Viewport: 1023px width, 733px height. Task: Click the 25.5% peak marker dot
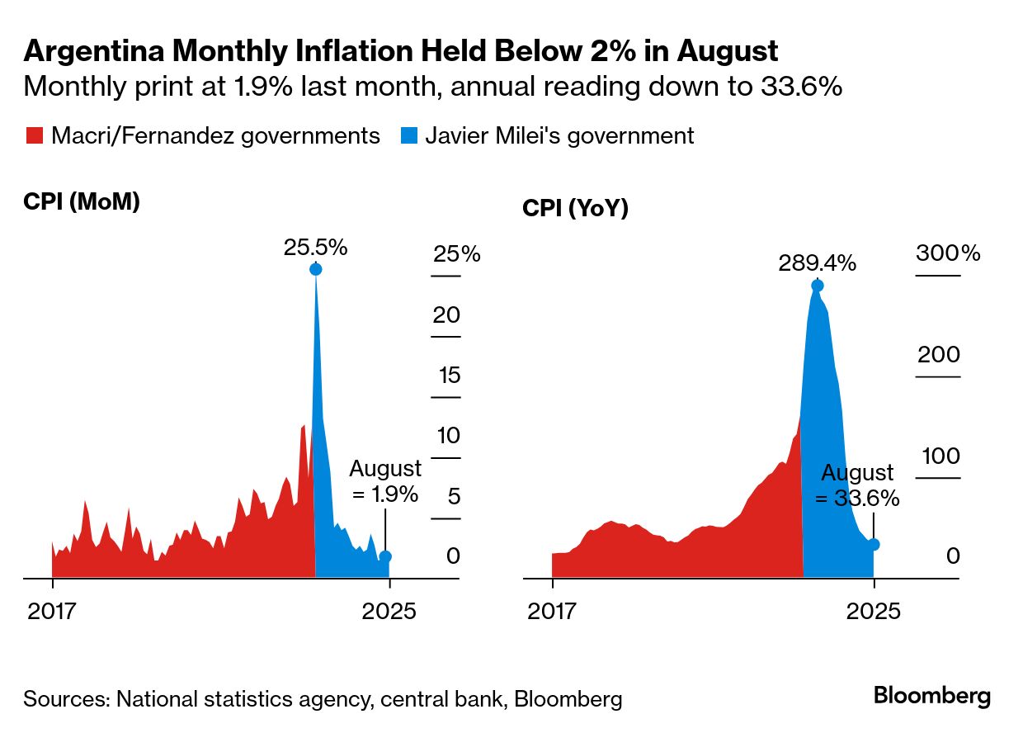pyautogui.click(x=315, y=269)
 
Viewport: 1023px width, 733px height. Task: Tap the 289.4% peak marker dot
pyautogui.click(x=817, y=286)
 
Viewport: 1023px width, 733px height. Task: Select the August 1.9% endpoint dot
pyautogui.click(x=384, y=556)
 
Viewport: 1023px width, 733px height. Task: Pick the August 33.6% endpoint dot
pyautogui.click(x=874, y=544)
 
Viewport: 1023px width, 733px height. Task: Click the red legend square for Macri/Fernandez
pyautogui.click(x=35, y=136)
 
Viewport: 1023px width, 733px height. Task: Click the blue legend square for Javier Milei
pyautogui.click(x=408, y=136)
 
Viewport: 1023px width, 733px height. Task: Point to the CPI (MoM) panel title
pyautogui.click(x=82, y=201)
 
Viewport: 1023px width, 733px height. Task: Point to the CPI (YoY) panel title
pyautogui.click(x=575, y=209)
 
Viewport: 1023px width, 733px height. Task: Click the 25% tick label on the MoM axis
pyautogui.click(x=456, y=253)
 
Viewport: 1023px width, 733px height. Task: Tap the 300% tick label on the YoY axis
pyautogui.click(x=947, y=253)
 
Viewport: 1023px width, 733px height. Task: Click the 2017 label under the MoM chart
pyautogui.click(x=52, y=612)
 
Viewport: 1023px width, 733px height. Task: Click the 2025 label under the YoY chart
pyautogui.click(x=874, y=612)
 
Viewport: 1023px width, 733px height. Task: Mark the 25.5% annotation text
pyautogui.click(x=315, y=247)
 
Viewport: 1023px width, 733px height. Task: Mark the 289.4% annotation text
pyautogui.click(x=817, y=263)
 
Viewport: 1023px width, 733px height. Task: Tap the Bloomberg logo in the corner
pyautogui.click(x=931, y=696)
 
